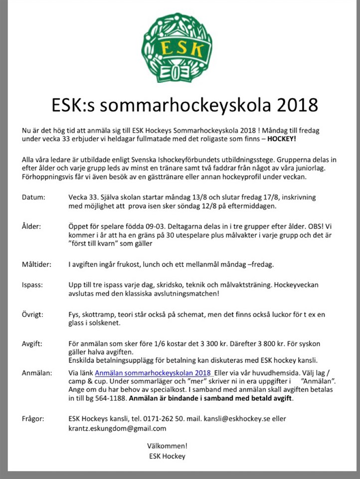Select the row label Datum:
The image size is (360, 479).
tap(33, 197)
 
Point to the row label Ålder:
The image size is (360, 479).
tap(31, 226)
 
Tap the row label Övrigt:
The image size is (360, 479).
tap(33, 315)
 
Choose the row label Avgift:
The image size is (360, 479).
tap(32, 344)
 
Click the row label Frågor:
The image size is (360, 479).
tap(33, 419)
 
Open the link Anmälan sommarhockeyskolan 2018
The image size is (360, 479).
tap(153, 373)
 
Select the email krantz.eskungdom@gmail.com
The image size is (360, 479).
tap(117, 428)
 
